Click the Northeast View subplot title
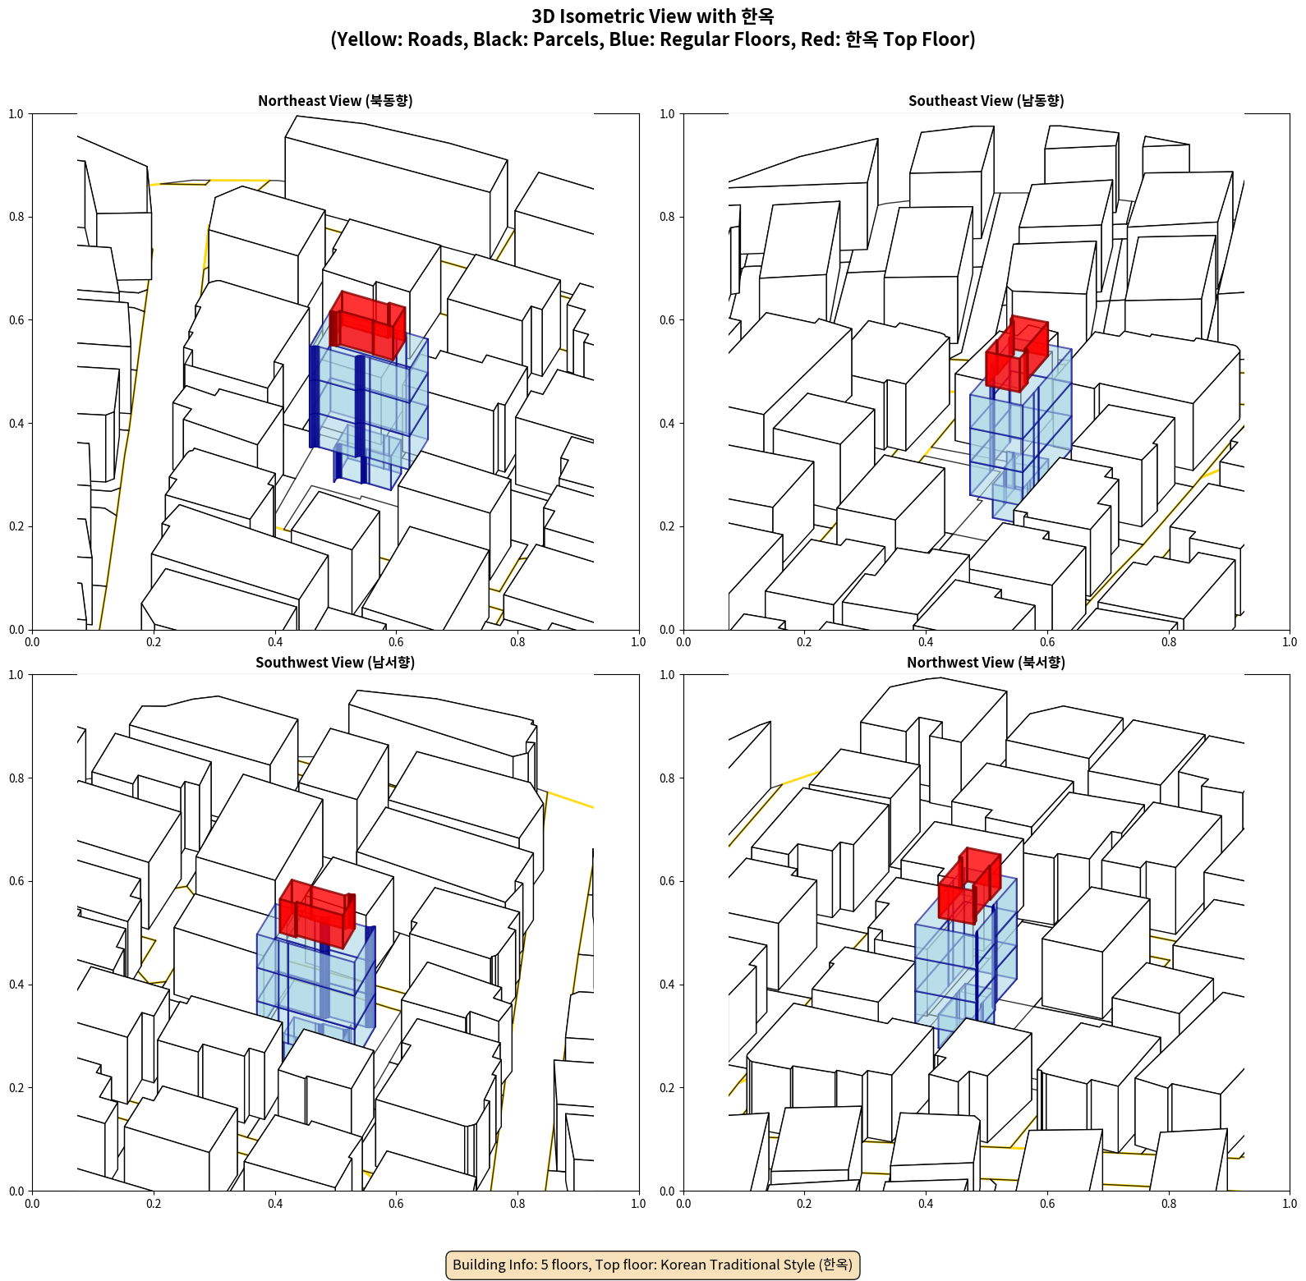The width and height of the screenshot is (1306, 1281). (335, 100)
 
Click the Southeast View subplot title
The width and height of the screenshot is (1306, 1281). (986, 100)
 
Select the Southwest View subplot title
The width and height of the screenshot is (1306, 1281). (335, 662)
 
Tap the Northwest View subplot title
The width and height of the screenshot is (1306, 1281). (986, 662)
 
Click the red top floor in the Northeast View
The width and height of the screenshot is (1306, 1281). (366, 326)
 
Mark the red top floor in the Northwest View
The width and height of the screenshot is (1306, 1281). (969, 885)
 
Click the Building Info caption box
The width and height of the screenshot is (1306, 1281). (653, 1265)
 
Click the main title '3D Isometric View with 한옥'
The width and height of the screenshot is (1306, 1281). (653, 16)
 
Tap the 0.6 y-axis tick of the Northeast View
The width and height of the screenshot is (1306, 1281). (16, 320)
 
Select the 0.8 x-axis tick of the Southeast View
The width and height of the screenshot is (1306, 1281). (1169, 642)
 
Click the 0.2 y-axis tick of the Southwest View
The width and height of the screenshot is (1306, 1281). (16, 1088)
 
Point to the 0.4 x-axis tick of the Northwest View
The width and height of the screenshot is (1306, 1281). (926, 1204)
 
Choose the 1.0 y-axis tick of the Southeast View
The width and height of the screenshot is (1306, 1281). (667, 114)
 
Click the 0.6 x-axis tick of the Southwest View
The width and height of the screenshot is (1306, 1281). (396, 1204)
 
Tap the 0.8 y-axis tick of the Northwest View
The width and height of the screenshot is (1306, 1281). (667, 778)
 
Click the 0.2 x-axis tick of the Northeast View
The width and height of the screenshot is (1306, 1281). (154, 642)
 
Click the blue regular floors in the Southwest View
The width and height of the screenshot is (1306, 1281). (315, 985)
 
